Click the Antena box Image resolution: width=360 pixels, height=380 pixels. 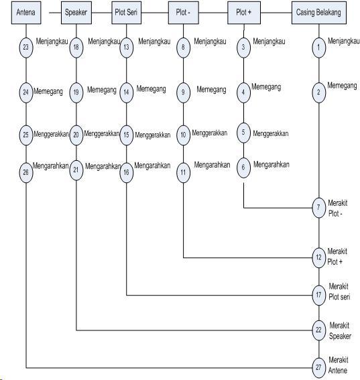[26, 13]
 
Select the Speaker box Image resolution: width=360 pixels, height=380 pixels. [76, 13]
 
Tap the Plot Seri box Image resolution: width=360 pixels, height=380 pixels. [126, 13]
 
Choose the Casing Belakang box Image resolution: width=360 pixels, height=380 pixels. [319, 13]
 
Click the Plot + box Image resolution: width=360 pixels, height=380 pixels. [244, 13]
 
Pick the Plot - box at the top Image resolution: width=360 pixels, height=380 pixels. [183, 13]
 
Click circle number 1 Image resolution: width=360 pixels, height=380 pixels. [318, 48]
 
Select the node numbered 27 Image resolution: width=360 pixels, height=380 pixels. [318, 368]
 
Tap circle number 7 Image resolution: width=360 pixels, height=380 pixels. [318, 208]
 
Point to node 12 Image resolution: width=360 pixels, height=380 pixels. [318, 257]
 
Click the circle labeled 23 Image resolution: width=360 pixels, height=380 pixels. [26, 48]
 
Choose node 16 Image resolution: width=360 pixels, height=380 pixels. [126, 172]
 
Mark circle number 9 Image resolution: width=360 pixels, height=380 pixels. [183, 92]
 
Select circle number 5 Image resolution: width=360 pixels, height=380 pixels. [243, 133]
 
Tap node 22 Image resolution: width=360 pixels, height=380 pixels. [318, 330]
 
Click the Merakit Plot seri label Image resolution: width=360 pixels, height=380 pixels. [339, 292]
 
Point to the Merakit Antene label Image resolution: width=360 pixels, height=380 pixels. [338, 365]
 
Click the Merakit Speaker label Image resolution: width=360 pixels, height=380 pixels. [340, 331]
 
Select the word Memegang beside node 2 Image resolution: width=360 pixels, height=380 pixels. [342, 86]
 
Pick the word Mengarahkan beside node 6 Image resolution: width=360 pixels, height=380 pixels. [272, 165]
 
